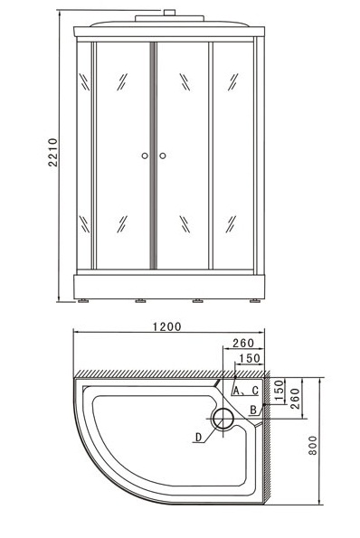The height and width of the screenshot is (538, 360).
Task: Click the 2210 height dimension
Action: (52, 152)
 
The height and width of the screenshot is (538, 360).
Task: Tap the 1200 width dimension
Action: (166, 326)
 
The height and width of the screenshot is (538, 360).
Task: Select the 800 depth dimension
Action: (313, 446)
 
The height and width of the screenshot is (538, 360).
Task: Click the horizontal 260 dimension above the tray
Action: (243, 343)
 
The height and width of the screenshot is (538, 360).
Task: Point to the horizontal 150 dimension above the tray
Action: (250, 358)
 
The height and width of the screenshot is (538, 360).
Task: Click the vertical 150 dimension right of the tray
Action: (279, 390)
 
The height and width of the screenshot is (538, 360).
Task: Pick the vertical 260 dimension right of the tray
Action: (295, 399)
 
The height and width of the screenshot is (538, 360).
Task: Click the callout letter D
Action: (198, 437)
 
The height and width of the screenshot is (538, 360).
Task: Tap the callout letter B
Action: (253, 410)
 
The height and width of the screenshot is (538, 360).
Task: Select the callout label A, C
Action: (245, 391)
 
